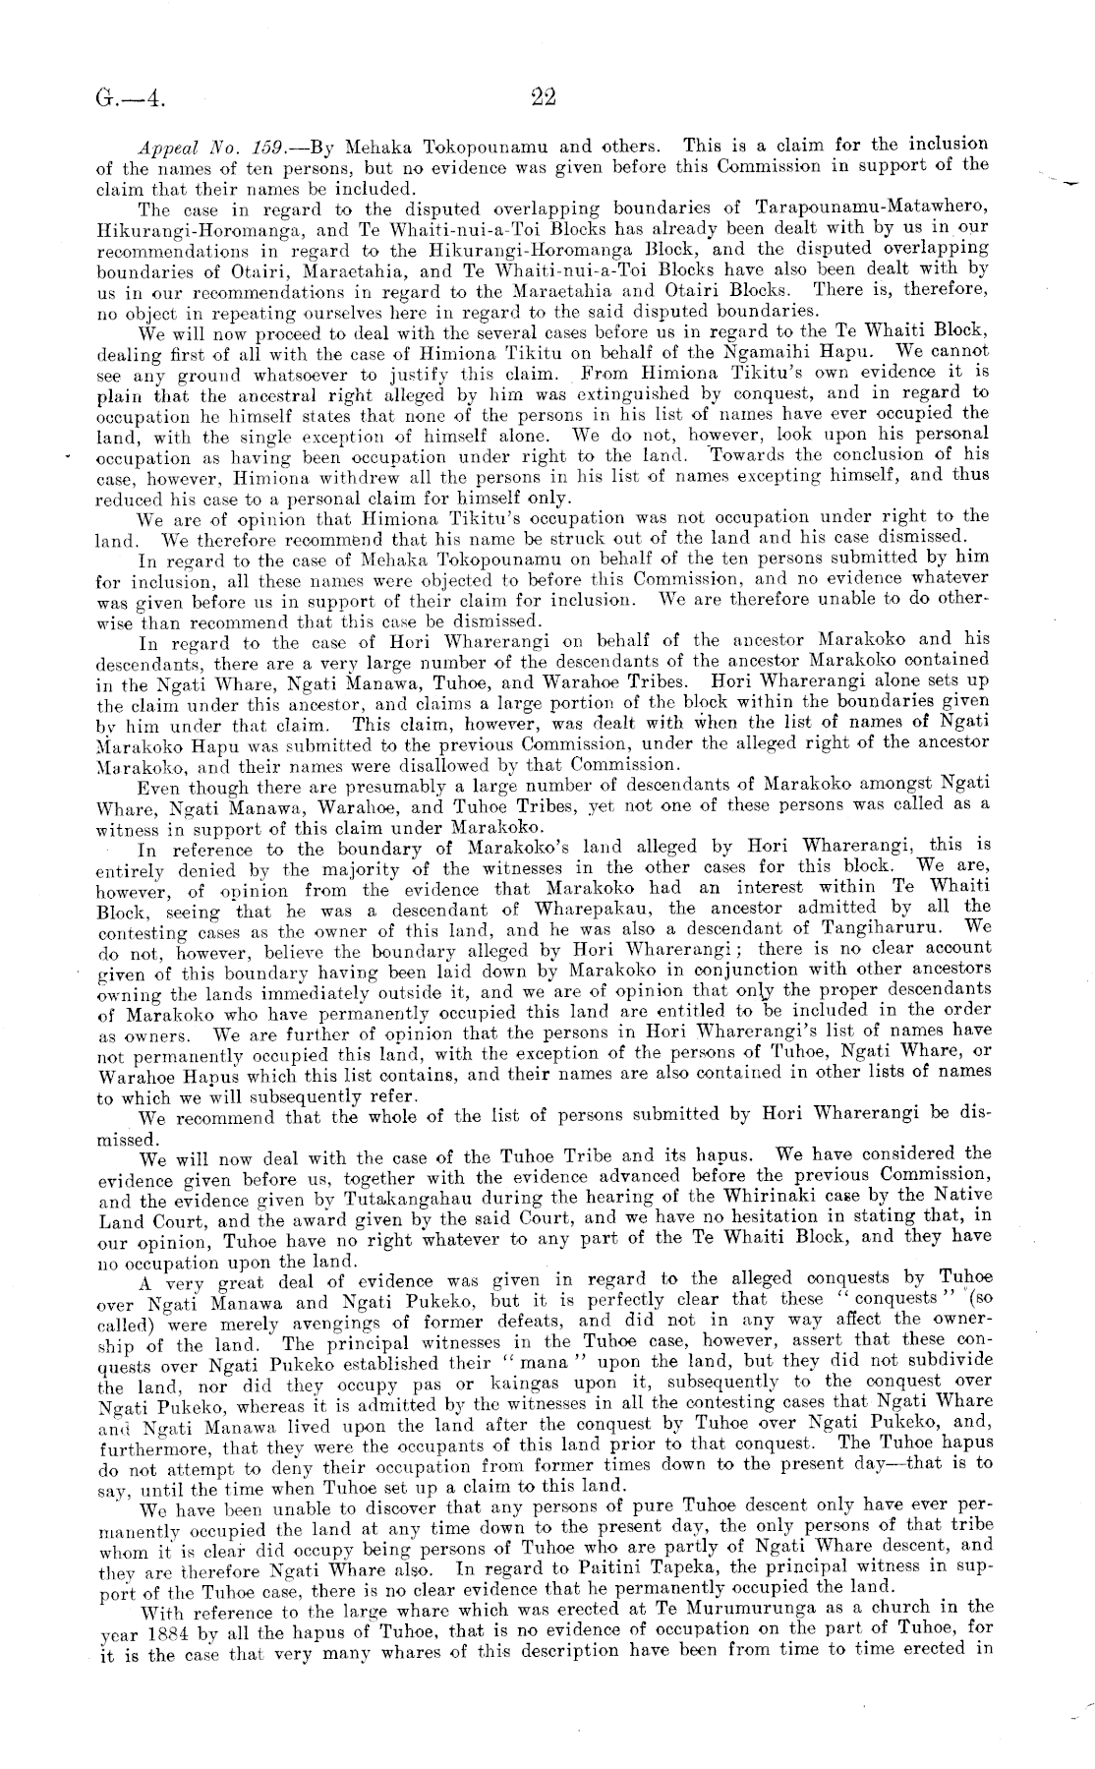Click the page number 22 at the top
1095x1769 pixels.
[x=544, y=96]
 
